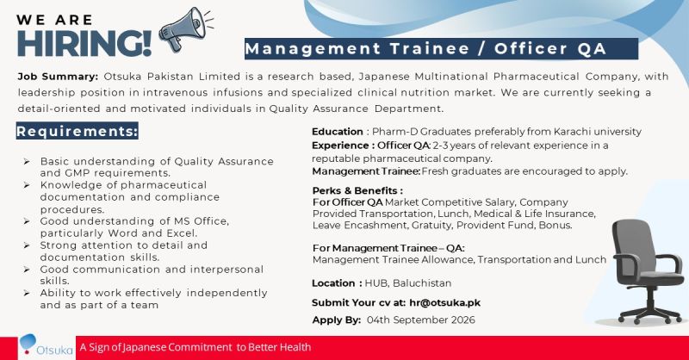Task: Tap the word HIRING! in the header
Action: [84, 43]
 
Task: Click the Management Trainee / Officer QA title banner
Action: [441, 49]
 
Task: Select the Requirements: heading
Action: [77, 131]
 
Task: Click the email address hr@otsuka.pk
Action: [444, 303]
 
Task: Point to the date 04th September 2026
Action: [421, 320]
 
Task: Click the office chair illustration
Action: [648, 271]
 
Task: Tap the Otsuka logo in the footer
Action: [47, 346]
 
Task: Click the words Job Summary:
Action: [58, 77]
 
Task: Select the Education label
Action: [338, 132]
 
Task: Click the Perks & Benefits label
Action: [357, 191]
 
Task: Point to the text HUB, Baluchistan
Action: [408, 283]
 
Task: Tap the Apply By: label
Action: [337, 320]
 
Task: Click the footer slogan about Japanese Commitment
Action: [196, 347]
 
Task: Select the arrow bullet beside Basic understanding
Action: [27, 162]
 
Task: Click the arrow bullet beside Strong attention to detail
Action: [27, 245]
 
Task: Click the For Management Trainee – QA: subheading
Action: [388, 248]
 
